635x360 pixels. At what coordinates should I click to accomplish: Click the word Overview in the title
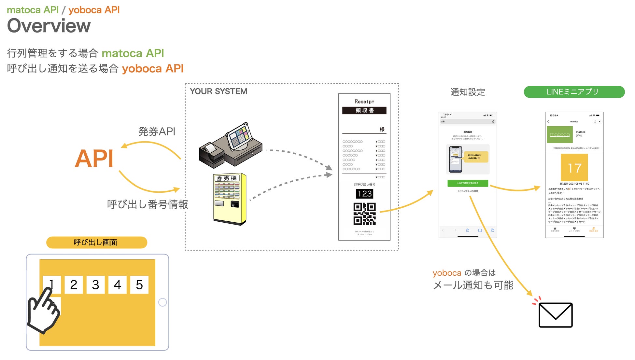point(49,26)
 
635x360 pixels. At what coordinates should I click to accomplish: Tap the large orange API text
point(94,159)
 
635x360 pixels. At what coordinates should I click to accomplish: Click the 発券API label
point(157,132)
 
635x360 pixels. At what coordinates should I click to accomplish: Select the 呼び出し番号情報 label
point(148,204)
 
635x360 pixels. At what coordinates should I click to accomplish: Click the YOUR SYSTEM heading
point(219,91)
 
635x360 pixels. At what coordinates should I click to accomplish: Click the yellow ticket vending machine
point(230,199)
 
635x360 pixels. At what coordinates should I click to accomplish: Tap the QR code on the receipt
point(364,214)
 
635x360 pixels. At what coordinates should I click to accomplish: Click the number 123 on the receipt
point(364,194)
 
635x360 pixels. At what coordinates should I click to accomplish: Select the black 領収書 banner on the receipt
point(364,110)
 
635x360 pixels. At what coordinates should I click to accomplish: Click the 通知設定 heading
point(468,92)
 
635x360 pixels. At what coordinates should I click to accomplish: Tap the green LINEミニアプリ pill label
point(574,92)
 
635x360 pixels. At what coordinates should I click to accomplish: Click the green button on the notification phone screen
point(468,183)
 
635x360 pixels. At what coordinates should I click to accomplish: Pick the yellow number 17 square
point(574,168)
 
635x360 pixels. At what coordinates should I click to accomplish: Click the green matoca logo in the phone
point(560,134)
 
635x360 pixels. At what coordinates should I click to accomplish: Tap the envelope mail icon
point(556,315)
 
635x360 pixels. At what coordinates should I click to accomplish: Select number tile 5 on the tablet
point(139,285)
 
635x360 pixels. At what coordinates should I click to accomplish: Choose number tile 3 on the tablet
point(95,285)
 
